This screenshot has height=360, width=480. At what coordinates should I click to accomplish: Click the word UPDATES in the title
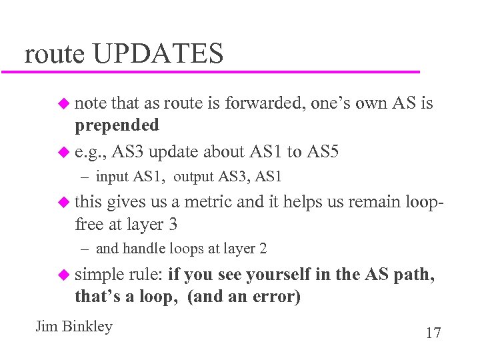pos(158,53)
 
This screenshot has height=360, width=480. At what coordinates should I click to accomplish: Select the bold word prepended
pos(117,125)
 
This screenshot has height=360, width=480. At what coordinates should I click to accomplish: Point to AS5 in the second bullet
pos(323,152)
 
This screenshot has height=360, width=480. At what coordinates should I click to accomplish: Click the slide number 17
pos(433,333)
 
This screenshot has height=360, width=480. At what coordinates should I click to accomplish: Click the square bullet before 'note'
pos(63,103)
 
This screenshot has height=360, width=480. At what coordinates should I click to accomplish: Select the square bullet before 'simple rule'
pos(63,275)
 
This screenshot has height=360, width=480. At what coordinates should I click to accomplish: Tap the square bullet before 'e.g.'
pos(63,153)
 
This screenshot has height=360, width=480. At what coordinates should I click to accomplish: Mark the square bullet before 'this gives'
pos(63,202)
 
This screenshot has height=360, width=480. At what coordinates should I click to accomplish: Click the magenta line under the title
pos(213,71)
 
